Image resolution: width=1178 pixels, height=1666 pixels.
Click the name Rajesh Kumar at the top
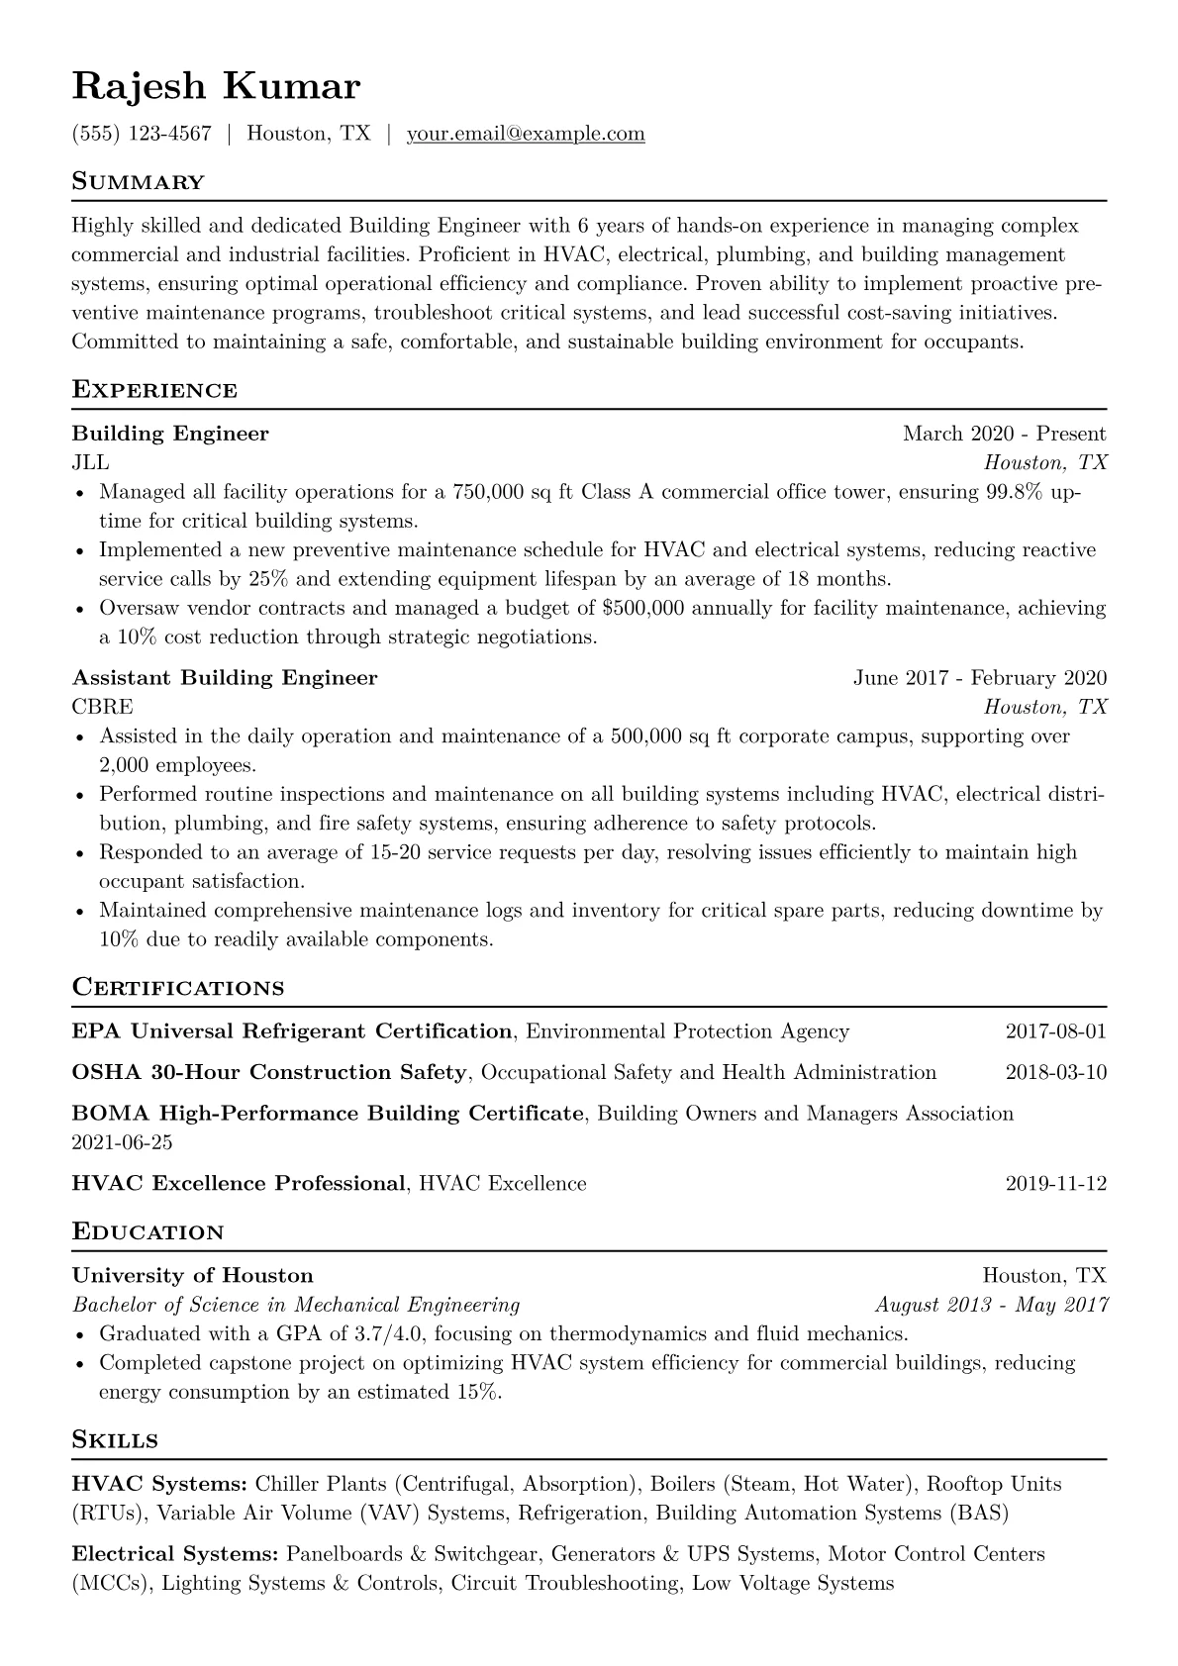tap(216, 87)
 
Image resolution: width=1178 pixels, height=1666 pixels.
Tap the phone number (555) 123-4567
tap(142, 134)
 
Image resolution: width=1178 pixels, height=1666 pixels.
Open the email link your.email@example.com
tap(526, 134)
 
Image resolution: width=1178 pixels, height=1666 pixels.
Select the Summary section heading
tap(139, 182)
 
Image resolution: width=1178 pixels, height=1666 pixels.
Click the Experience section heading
tap(154, 390)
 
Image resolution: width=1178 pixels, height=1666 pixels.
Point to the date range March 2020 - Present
tap(1004, 434)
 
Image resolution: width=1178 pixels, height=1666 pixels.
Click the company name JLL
tap(90, 462)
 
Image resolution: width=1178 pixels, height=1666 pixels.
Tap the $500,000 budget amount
tap(642, 608)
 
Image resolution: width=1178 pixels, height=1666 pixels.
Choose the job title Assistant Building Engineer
tap(225, 678)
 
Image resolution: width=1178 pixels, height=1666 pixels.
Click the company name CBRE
tap(102, 707)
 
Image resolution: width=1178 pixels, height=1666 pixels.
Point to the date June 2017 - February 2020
tap(979, 678)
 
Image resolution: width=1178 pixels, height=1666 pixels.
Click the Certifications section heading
tap(178, 988)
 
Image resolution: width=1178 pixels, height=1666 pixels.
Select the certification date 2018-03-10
tap(1055, 1072)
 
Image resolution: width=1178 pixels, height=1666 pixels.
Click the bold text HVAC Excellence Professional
tap(239, 1184)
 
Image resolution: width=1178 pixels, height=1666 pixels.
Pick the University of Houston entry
tap(192, 1276)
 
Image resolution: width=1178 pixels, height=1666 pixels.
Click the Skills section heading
tap(115, 1440)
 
